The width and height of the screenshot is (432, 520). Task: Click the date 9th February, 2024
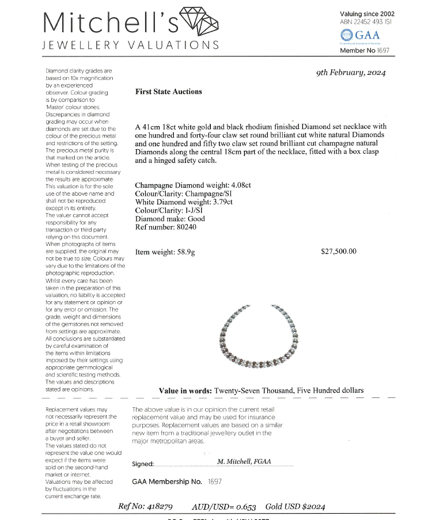(351, 73)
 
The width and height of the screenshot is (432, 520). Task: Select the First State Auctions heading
(168, 92)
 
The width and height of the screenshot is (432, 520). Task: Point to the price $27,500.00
(338, 251)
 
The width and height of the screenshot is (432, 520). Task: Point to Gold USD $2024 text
(295, 507)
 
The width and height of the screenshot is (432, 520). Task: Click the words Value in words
(185, 390)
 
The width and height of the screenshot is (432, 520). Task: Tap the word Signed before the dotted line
(143, 464)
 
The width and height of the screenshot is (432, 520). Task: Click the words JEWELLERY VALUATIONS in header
(131, 45)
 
